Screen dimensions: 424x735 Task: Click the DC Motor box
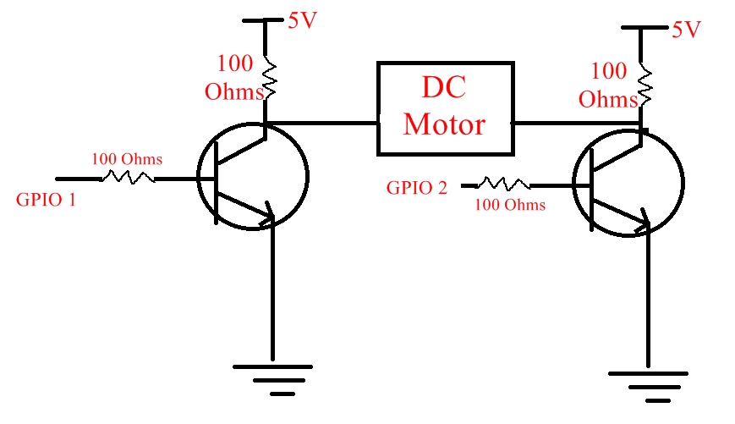(x=445, y=107)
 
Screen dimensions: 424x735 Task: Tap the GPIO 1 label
(x=47, y=201)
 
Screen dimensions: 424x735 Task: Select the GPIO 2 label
(x=417, y=188)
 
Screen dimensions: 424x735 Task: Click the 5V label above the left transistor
(x=302, y=21)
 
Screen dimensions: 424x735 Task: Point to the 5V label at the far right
(x=686, y=30)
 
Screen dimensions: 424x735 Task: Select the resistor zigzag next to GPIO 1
(x=128, y=178)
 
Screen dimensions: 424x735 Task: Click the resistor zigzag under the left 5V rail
(x=270, y=77)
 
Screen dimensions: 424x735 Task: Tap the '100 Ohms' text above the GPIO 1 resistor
(x=127, y=159)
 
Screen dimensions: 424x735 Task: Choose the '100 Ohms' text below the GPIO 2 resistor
(x=509, y=205)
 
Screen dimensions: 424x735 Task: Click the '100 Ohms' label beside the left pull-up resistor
(x=234, y=77)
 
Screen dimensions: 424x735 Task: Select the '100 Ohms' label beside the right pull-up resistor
(x=609, y=85)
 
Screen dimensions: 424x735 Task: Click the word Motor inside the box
(x=444, y=125)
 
